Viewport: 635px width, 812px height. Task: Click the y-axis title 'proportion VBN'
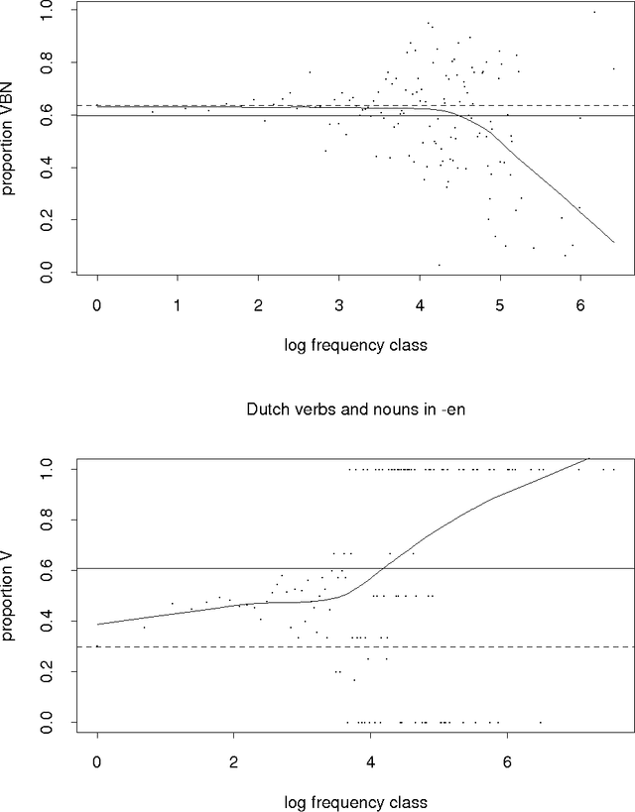point(11,140)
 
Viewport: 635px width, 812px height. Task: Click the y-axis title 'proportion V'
point(11,595)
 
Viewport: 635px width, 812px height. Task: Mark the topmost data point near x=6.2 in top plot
point(594,12)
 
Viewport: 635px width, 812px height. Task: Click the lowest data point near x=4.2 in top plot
point(439,265)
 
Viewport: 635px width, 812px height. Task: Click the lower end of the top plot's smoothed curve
point(614,242)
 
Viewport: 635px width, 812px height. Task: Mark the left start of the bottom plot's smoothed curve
point(97,625)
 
